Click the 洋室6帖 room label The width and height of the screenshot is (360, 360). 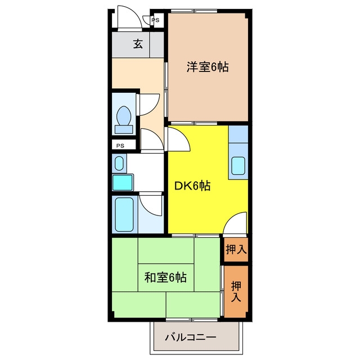(208, 67)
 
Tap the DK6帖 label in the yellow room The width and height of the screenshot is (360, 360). (192, 186)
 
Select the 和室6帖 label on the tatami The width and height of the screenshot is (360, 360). (165, 277)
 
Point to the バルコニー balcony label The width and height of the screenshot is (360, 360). (191, 337)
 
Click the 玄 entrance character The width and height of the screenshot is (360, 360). (138, 44)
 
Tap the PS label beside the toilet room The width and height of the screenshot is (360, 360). (120, 146)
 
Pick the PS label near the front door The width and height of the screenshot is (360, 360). (155, 20)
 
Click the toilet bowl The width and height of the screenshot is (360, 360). (124, 115)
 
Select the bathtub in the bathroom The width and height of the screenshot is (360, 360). (124, 214)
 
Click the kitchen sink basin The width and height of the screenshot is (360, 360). (238, 166)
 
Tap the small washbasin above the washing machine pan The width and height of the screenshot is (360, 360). (119, 163)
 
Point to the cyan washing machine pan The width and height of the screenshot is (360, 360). (123, 182)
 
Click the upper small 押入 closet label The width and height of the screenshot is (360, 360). (236, 249)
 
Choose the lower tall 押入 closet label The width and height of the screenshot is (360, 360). (236, 291)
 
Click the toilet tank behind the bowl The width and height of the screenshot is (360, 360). (124, 129)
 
